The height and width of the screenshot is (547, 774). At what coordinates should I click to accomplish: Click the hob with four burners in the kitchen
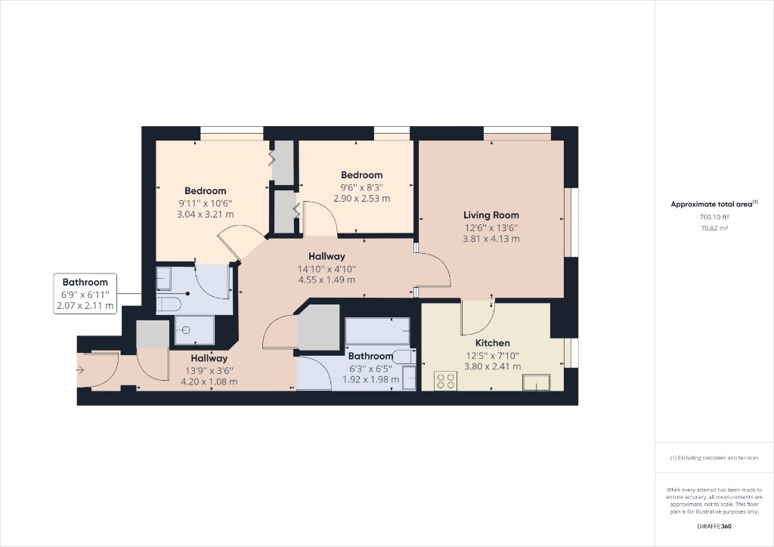click(x=445, y=381)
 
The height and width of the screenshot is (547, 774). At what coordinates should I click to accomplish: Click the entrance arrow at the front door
click(x=80, y=370)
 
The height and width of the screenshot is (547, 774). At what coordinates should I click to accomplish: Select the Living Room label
click(x=491, y=215)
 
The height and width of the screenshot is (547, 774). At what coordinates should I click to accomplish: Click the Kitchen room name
click(x=492, y=343)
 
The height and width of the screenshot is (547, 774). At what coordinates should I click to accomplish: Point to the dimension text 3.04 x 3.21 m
click(x=206, y=215)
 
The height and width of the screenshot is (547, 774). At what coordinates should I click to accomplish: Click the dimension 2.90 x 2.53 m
click(x=361, y=199)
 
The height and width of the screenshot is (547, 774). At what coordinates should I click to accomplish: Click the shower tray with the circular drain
click(x=194, y=331)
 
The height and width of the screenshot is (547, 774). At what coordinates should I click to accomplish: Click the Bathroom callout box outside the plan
click(x=85, y=294)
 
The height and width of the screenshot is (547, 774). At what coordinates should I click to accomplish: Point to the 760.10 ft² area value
click(x=714, y=217)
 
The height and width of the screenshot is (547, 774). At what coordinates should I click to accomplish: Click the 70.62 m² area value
click(x=714, y=227)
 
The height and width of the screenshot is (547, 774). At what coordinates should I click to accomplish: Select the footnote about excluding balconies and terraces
click(x=714, y=458)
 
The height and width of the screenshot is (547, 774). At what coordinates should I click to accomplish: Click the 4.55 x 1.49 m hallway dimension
click(x=327, y=280)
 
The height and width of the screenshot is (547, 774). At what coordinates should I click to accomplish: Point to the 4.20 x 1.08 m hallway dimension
click(x=209, y=382)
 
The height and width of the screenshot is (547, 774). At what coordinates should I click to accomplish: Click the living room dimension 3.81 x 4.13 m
click(x=491, y=239)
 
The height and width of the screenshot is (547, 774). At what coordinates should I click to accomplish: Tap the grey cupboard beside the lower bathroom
click(x=318, y=327)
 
